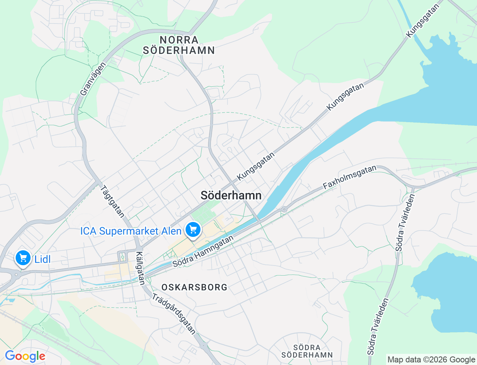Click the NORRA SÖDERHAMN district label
[179, 45]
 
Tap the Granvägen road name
[93, 79]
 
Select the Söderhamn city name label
[231, 196]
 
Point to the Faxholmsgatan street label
[350, 177]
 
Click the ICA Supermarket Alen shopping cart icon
[193, 229]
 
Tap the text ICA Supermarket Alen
[131, 231]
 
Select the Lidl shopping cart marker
[23, 258]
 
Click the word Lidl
[42, 259]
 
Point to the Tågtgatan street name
[112, 201]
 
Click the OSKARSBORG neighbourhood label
[194, 287]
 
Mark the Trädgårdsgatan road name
[174, 314]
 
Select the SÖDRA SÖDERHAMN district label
[307, 351]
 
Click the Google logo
[25, 356]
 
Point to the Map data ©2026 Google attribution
[431, 360]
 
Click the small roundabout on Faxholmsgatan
[284, 209]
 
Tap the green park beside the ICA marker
[203, 212]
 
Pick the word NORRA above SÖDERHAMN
[179, 40]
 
